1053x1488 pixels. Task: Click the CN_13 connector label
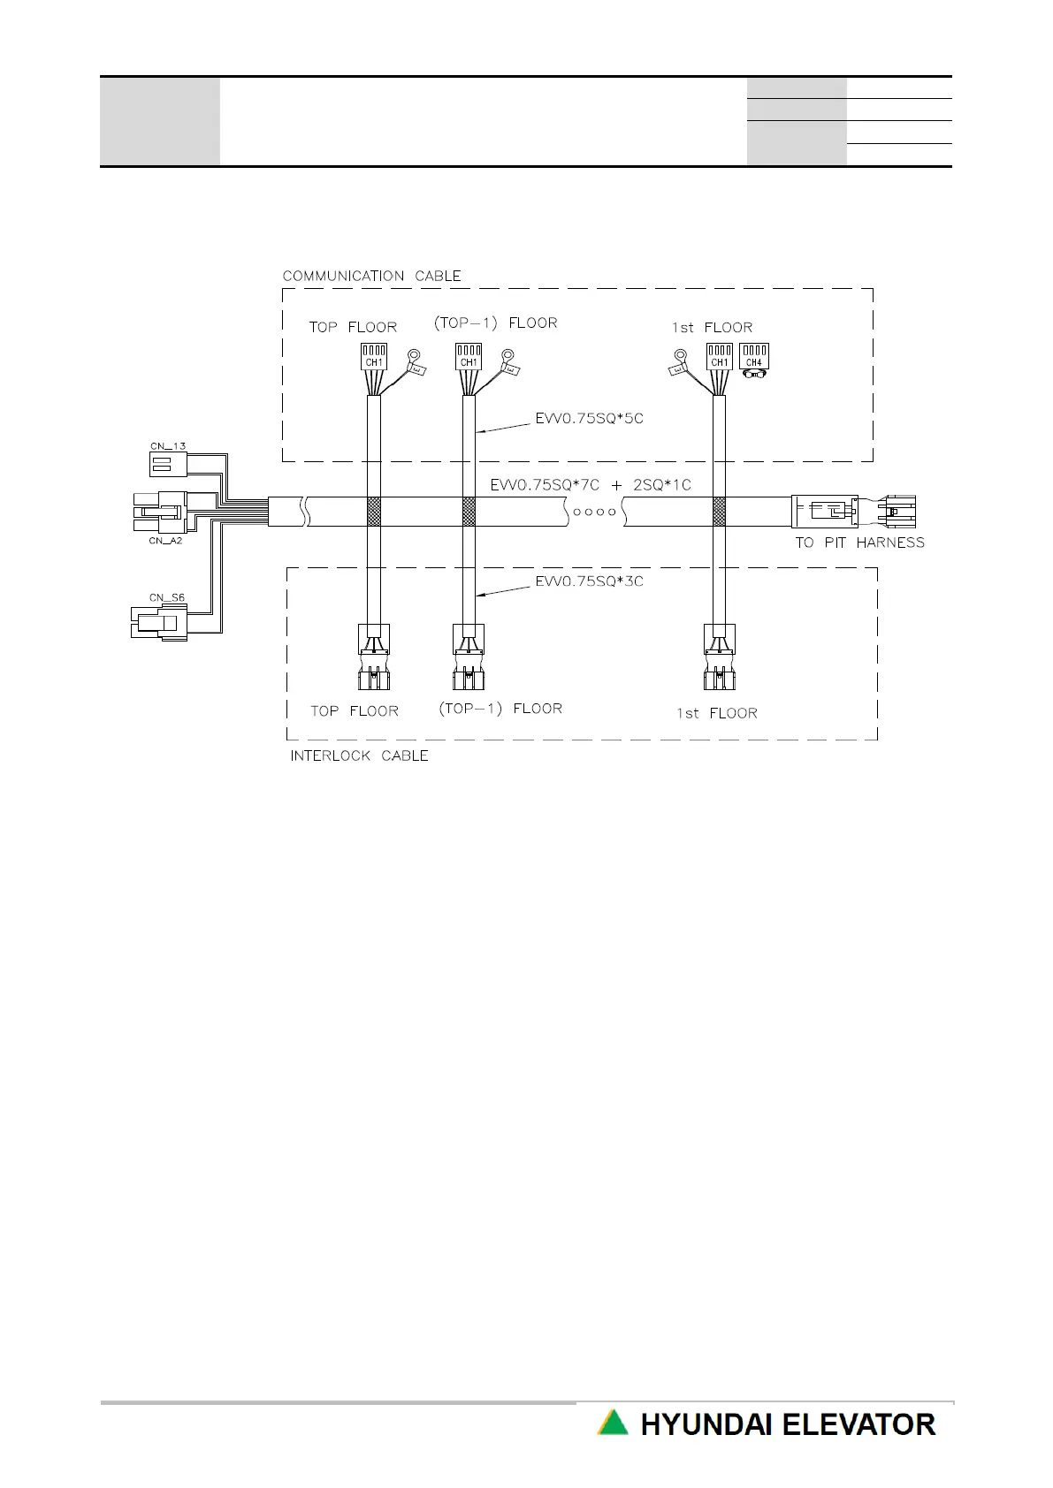point(167,446)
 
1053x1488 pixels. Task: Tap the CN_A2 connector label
point(165,540)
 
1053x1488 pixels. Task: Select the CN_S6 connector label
point(167,598)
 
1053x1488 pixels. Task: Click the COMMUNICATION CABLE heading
point(371,276)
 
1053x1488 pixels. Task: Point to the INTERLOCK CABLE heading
point(359,755)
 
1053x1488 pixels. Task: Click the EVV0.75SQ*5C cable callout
point(589,418)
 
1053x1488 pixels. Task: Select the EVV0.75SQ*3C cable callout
point(589,581)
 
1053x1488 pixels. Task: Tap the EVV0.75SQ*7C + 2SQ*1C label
point(591,485)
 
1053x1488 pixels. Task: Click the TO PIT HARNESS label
point(859,543)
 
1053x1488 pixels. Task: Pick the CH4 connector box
point(753,356)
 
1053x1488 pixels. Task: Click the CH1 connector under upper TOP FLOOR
point(374,356)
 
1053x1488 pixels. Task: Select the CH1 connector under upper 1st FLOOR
point(720,356)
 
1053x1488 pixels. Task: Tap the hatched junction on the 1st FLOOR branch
point(719,510)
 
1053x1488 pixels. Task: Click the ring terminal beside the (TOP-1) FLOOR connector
point(507,356)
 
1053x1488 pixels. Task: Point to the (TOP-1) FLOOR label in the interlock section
point(500,708)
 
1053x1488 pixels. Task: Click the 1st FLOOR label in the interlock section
point(716,712)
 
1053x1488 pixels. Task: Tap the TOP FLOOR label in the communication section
point(353,327)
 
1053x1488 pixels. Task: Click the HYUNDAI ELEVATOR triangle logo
point(613,1423)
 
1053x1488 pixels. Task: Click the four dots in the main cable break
point(594,511)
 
